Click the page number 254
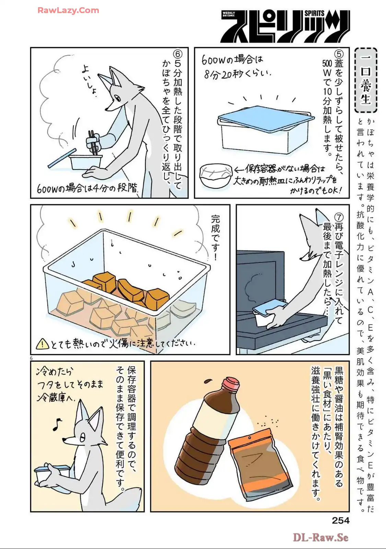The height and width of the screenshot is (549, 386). [341, 520]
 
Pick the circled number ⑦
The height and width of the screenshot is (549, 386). [339, 217]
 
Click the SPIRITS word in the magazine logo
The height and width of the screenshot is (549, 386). [314, 13]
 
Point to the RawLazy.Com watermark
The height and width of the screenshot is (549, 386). [68, 11]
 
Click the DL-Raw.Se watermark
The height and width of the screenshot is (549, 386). [320, 538]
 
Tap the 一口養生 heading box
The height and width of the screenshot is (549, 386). [366, 80]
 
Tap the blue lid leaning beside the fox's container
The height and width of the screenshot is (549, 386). [62, 158]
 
